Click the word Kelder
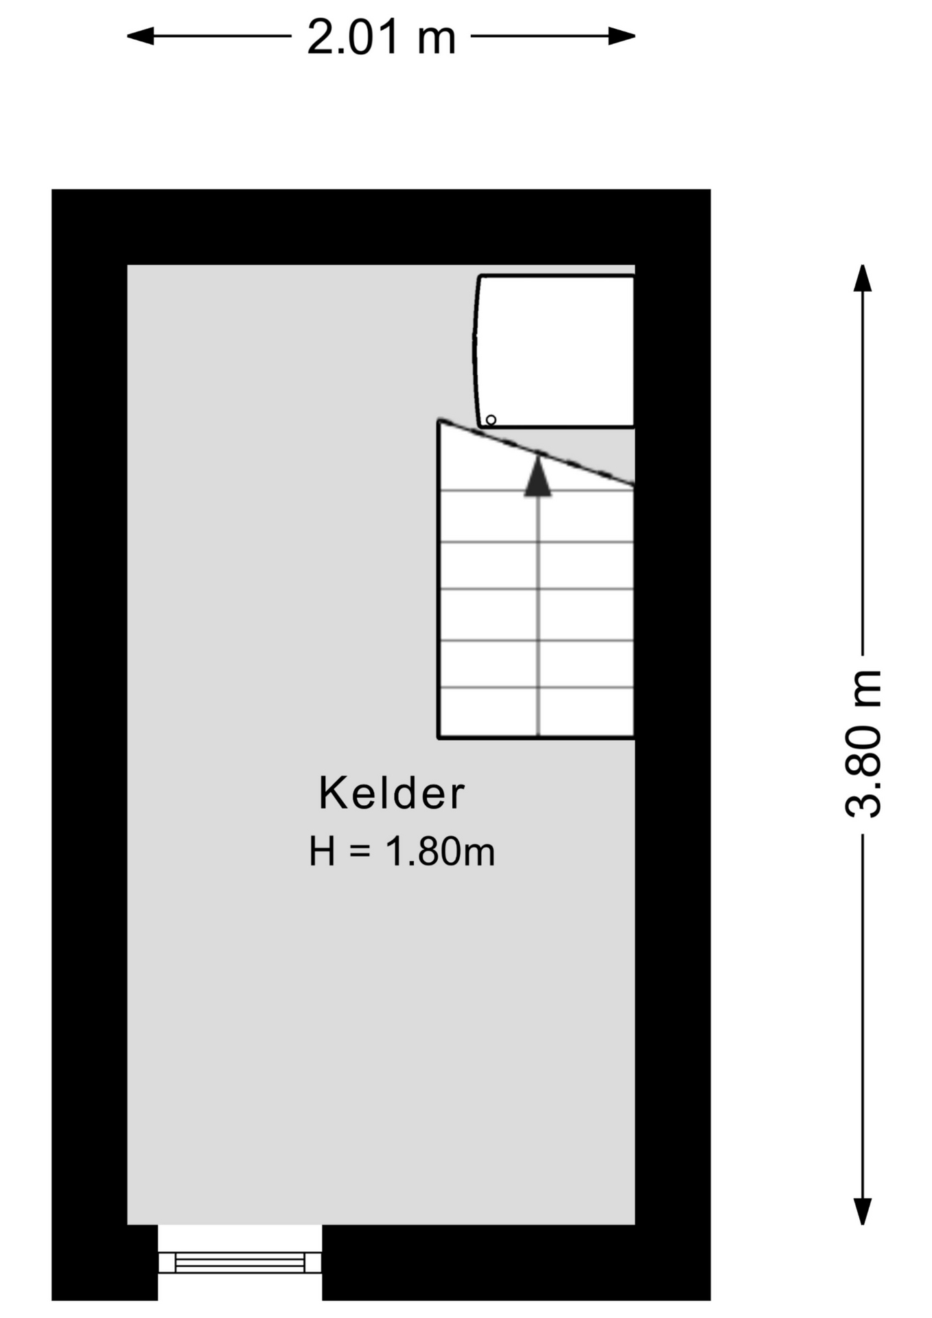coord(392,793)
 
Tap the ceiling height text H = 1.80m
coord(402,851)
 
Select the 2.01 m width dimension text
coord(381,37)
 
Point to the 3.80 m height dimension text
coord(862,743)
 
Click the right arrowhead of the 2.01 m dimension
coord(622,36)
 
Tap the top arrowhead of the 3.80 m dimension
coord(862,278)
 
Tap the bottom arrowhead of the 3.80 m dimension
coord(862,1211)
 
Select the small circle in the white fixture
coord(491,419)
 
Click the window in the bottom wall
coord(240,1262)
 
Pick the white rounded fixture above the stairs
coord(555,351)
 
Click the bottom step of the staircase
coord(536,713)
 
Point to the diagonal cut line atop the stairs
coord(536,453)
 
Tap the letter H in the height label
coord(323,851)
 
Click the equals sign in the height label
coord(360,852)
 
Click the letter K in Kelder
coord(333,793)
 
